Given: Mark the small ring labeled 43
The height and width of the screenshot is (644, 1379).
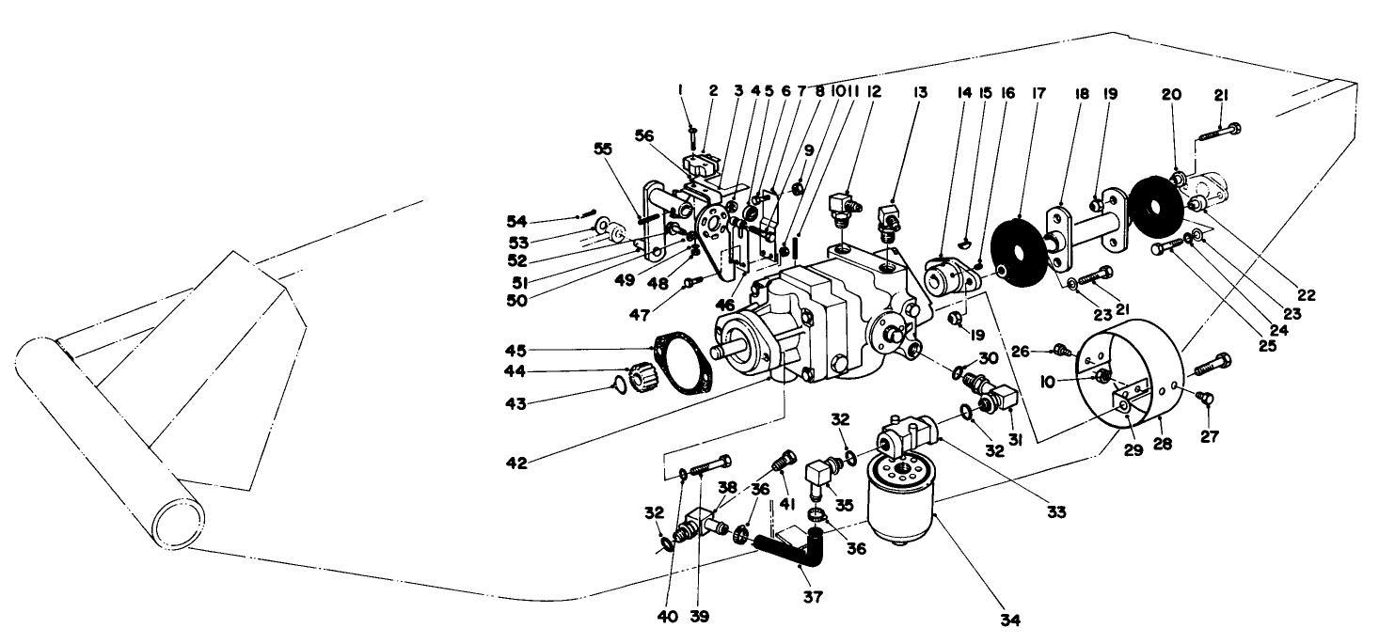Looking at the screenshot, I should (x=619, y=384).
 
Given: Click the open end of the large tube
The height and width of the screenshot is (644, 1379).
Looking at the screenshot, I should (x=182, y=521).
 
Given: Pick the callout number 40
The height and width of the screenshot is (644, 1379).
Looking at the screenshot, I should (x=669, y=617).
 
